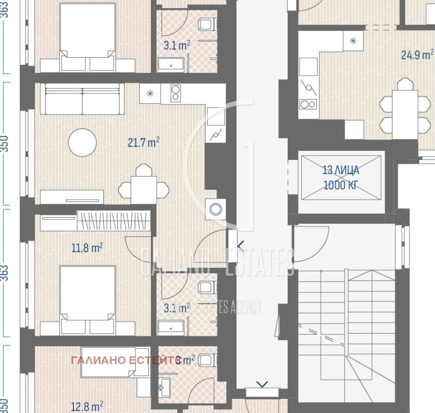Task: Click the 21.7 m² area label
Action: (x=144, y=143)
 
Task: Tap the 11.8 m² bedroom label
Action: (x=87, y=248)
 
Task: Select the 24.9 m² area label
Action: (x=417, y=54)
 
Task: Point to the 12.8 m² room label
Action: (x=88, y=406)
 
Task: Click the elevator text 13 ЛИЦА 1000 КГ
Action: (x=341, y=177)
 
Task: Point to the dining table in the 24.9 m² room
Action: (x=405, y=113)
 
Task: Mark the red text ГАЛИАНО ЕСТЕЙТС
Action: (x=125, y=360)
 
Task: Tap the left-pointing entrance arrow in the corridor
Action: (x=240, y=246)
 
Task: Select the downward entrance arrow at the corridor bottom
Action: (x=262, y=385)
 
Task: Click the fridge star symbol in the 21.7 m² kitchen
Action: (x=150, y=93)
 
